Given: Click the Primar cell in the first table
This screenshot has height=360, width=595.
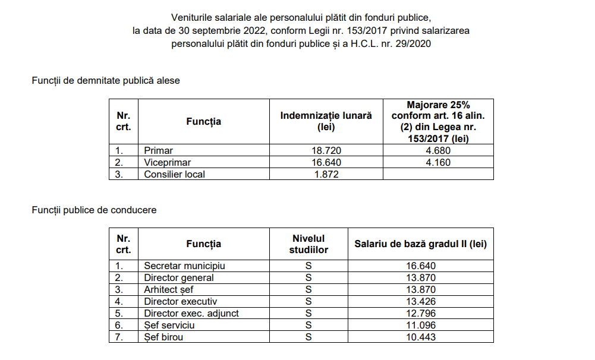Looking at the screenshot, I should click(x=159, y=151).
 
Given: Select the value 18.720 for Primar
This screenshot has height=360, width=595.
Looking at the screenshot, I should click(x=326, y=151).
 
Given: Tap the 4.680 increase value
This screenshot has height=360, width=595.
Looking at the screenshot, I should click(x=438, y=151).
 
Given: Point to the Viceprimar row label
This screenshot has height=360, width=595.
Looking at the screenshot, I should click(x=168, y=162).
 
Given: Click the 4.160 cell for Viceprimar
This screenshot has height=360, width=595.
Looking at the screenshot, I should click(x=438, y=162).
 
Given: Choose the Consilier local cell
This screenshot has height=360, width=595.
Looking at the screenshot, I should click(x=175, y=174).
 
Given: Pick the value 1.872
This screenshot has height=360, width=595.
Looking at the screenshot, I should click(x=326, y=174).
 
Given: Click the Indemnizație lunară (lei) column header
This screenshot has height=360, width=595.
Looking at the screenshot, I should click(x=326, y=121).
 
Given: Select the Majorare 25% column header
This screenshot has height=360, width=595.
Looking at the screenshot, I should click(x=438, y=121).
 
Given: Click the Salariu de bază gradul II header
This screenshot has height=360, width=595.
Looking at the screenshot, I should click(x=421, y=244).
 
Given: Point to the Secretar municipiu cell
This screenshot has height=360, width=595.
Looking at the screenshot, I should click(x=184, y=266).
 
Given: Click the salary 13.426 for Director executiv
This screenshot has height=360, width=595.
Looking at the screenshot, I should click(x=421, y=302).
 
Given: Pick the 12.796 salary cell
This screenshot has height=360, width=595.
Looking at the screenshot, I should click(x=421, y=314).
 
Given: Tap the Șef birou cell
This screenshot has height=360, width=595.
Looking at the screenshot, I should click(x=163, y=337).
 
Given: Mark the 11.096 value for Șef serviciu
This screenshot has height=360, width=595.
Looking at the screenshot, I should click(x=421, y=326).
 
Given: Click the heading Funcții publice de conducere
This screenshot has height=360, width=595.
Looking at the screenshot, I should click(x=94, y=210).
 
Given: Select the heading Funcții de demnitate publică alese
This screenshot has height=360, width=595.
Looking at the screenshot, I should click(x=106, y=81).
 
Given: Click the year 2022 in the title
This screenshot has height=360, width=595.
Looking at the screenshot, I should click(x=253, y=30).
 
